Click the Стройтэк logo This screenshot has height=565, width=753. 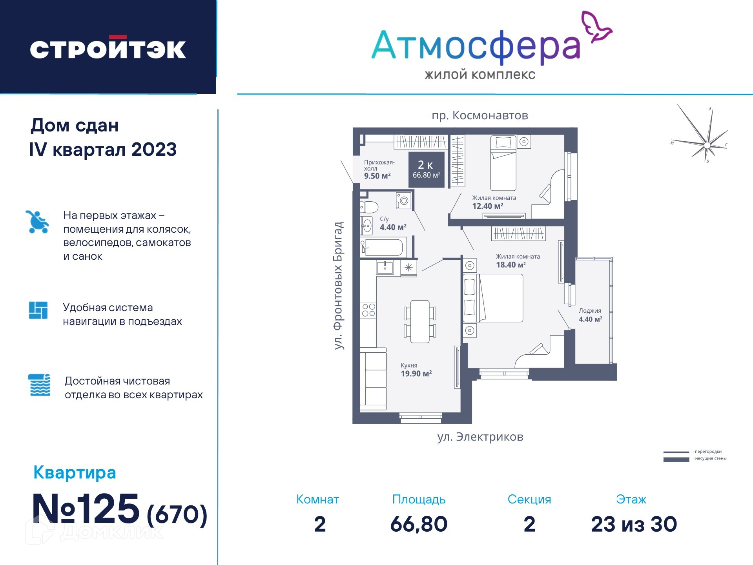108,48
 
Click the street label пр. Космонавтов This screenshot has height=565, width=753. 480,115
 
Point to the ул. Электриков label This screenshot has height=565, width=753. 480,437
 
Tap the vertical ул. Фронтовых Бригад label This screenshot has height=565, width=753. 338,285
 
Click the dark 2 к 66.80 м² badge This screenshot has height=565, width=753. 427,169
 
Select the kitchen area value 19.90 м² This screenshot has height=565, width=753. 416,374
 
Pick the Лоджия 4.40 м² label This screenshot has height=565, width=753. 590,315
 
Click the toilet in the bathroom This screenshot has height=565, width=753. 369,207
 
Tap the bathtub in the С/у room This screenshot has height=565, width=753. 381,247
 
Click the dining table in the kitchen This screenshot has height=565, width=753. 420,321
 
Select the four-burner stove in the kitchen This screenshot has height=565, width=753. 369,310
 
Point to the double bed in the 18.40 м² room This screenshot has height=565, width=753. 493,298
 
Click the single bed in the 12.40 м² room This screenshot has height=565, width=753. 503,163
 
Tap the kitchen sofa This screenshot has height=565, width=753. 373,379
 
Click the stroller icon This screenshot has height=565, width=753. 37,222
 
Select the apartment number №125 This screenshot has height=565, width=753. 86,509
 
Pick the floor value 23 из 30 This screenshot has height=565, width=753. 634,524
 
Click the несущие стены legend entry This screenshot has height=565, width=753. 695,459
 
